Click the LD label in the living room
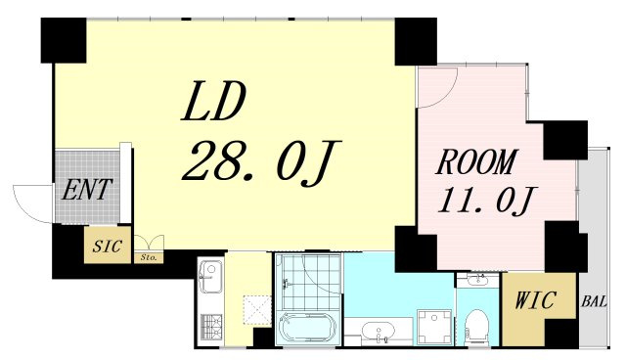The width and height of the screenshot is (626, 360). tap(213, 102)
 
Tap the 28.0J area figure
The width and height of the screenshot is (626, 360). tap(261, 162)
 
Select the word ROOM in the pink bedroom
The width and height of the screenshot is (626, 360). tap(476, 161)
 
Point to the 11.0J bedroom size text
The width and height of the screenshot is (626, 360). tap(485, 201)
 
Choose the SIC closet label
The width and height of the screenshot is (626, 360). tap(107, 246)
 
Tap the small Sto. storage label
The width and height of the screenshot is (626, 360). tap(148, 258)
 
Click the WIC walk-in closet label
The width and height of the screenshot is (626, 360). tap(535, 300)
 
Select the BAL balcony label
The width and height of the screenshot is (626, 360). tap(594, 301)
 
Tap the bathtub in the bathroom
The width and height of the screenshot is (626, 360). tap(301, 328)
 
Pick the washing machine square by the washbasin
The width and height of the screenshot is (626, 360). tap(434, 327)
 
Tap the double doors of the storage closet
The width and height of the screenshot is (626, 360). tap(149, 243)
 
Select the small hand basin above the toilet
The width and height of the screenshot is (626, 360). tap(478, 280)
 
